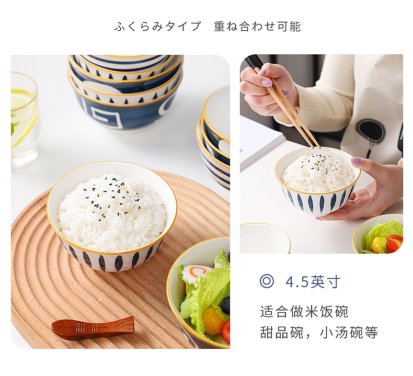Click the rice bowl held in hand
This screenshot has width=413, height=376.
pyautogui.click(x=317, y=180)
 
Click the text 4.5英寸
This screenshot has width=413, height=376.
pyautogui.click(x=313, y=282)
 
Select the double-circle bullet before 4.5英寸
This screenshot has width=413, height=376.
pyautogui.click(x=267, y=281)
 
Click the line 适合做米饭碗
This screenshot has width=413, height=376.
pyautogui.click(x=304, y=312)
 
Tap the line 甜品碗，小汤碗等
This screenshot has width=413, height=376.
pyautogui.click(x=319, y=333)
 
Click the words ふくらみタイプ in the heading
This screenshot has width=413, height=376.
pyautogui.click(x=157, y=27)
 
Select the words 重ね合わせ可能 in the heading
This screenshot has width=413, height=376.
pyautogui.click(x=257, y=27)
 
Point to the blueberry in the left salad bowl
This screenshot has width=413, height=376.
pyautogui.click(x=225, y=304)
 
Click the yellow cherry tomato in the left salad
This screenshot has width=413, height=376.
pyautogui.click(x=212, y=321)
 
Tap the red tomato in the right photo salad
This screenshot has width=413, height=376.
pyautogui.click(x=395, y=243)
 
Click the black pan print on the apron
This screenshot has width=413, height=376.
pyautogui.click(x=370, y=131)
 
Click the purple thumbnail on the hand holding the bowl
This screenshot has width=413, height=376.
pyautogui.click(x=357, y=162)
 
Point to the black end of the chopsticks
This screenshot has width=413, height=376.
pyautogui.click(x=254, y=62)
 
